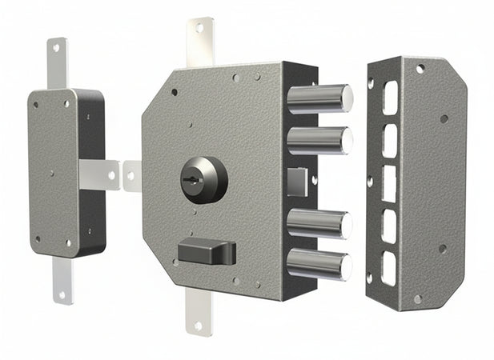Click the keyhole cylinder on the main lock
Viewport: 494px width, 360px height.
point(203,180)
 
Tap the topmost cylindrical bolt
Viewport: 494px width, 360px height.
point(319,98)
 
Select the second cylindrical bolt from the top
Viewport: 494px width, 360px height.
point(319,140)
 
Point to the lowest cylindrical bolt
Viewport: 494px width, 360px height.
point(319,263)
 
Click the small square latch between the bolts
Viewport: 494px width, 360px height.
point(295,181)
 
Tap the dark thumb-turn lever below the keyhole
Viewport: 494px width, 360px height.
point(207,251)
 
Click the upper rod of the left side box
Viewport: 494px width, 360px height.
point(57,62)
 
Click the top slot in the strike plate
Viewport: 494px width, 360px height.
point(390,98)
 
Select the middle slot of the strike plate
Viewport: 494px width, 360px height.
point(390,182)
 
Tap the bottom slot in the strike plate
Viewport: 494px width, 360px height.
point(390,269)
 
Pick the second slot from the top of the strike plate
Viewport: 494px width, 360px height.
point(390,140)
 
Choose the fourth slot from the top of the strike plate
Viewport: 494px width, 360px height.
point(390,226)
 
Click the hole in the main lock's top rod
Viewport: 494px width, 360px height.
point(199,28)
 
